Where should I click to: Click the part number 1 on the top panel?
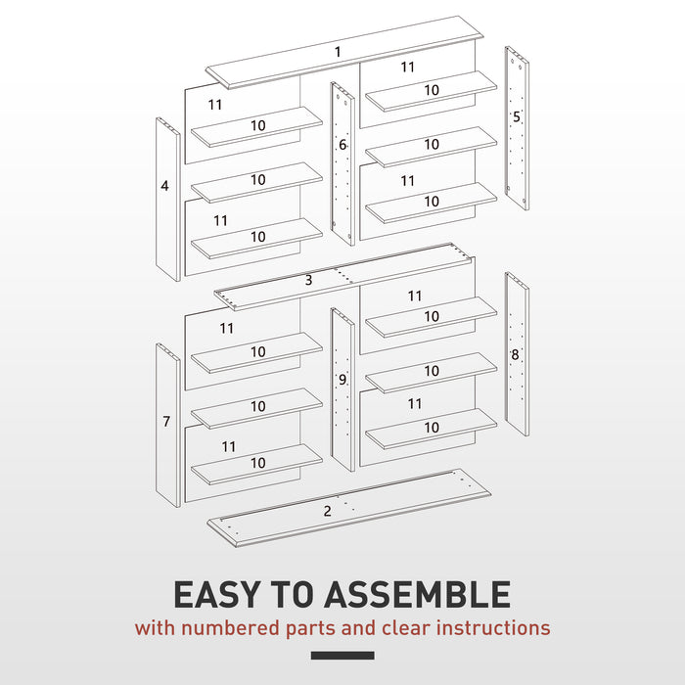tap(338, 52)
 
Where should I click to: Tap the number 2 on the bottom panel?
tap(328, 511)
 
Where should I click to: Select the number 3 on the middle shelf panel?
tap(308, 280)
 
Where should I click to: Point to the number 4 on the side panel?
tap(164, 186)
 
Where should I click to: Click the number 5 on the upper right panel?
tap(517, 116)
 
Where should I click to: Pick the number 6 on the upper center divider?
tap(342, 145)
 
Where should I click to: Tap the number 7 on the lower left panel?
tap(166, 421)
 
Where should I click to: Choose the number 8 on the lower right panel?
tap(515, 354)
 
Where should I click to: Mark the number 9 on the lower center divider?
tap(342, 380)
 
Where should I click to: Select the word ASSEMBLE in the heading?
tap(418, 595)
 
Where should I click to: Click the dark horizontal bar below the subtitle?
tap(342, 656)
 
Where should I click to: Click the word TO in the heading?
tap(293, 595)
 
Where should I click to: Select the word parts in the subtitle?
tap(310, 629)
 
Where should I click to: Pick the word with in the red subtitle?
tap(155, 628)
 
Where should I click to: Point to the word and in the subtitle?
tap(358, 628)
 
